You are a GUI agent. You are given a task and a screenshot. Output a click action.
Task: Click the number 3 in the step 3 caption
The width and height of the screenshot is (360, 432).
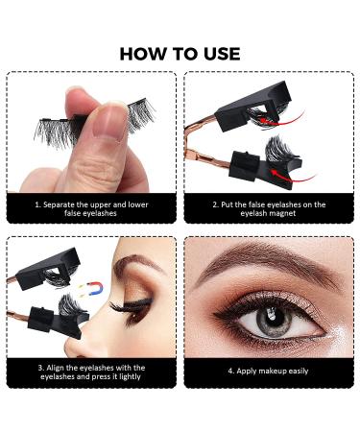coord(38,365)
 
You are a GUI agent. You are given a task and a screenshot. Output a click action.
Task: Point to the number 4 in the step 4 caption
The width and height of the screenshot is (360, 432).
coord(230,370)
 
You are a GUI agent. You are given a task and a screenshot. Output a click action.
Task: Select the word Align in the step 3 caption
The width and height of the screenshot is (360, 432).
coord(56,365)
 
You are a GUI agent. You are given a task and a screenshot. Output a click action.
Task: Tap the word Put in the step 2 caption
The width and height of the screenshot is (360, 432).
coord(228,204)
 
